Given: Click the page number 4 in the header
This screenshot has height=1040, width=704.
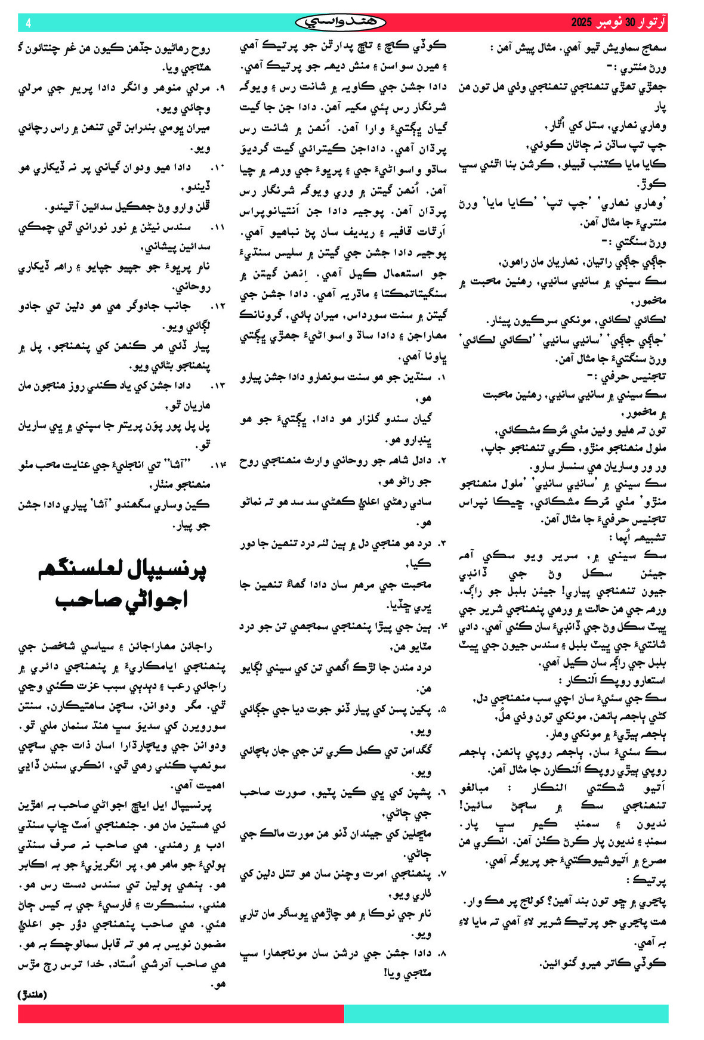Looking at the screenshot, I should tap(28, 23).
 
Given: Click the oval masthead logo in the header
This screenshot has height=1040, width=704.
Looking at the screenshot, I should tap(340, 23).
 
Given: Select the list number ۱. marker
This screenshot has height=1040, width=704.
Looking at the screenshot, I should tap(442, 378).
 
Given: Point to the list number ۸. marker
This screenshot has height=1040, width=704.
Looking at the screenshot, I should tap(442, 954).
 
